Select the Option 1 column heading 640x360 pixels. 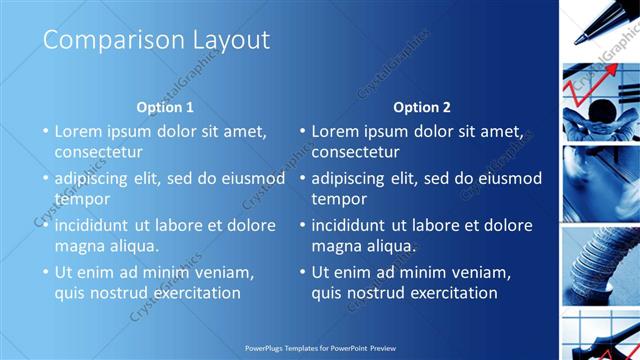click(x=165, y=107)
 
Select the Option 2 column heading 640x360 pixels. click(x=422, y=107)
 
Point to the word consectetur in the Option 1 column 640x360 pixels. click(x=98, y=153)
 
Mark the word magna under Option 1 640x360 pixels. click(x=79, y=246)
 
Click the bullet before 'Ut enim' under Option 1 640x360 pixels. click(x=45, y=272)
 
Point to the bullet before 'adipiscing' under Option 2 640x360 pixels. click(x=302, y=179)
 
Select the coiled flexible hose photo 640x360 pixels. click(x=598, y=262)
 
